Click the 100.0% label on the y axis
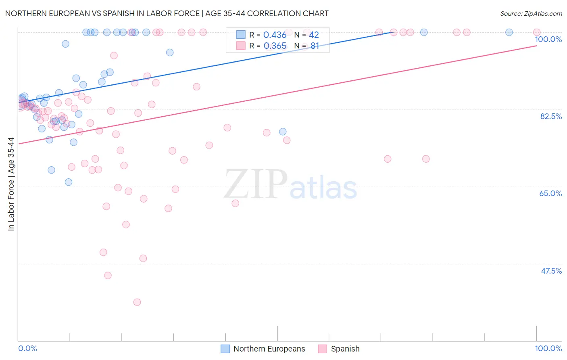(x=548, y=39)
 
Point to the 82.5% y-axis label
(x=551, y=116)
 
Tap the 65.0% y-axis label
(x=550, y=193)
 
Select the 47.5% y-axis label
(x=551, y=271)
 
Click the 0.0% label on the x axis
(x=27, y=348)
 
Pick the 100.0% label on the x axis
(x=548, y=348)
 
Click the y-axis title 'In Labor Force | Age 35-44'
(x=11, y=184)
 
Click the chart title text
(x=167, y=13)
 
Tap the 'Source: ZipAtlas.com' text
(x=531, y=13)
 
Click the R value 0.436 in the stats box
(x=275, y=35)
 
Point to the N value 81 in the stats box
(x=315, y=46)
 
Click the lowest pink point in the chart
(x=137, y=302)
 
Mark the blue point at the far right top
(x=509, y=32)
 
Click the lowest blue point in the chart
(x=69, y=182)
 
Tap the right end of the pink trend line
(x=536, y=46)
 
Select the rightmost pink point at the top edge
(x=537, y=32)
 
